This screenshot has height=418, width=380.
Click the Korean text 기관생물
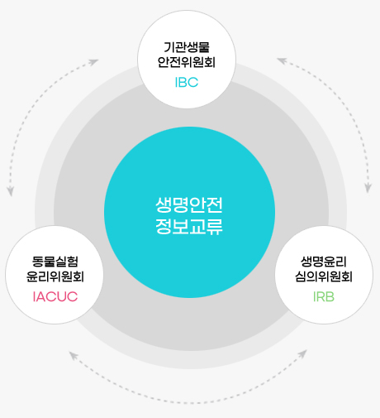[187, 47]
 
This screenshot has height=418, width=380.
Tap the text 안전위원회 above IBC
[187, 62]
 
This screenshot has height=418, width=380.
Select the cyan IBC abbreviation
[187, 82]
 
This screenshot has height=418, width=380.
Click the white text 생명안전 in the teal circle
[189, 204]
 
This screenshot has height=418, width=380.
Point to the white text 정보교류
[189, 227]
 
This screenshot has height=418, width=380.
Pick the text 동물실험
[55, 262]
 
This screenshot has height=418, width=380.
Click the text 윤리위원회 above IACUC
[55, 276]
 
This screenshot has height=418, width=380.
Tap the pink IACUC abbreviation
[55, 296]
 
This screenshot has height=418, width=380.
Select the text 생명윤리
[324, 262]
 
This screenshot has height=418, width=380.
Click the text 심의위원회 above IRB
[324, 276]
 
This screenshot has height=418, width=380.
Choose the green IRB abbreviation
[324, 296]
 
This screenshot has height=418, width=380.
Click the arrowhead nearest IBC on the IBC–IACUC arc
[94, 62]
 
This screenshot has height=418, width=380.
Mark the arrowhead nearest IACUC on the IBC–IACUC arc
[11, 191]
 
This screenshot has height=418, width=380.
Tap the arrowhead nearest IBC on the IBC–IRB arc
[282, 60]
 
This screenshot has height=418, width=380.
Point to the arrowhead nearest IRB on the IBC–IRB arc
[368, 188]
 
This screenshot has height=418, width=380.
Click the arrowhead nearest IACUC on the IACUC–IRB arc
[74, 355]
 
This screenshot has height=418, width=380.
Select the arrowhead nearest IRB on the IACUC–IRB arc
[303, 353]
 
